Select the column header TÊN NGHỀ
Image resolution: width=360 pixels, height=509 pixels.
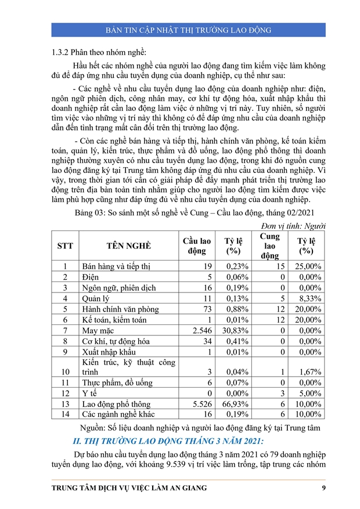[128, 246]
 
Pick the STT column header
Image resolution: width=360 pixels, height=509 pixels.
[65, 246]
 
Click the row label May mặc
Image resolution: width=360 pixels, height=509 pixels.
[98, 330]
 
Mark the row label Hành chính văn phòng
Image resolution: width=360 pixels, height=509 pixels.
[120, 309]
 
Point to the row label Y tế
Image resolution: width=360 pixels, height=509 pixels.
[89, 393]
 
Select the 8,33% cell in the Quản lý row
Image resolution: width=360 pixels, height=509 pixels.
[308, 298]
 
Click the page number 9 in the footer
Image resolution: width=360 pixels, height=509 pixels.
[323, 488]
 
